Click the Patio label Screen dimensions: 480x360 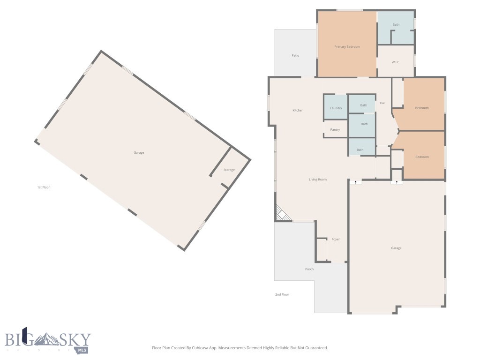point(295,55)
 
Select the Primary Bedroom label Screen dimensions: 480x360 point(347,46)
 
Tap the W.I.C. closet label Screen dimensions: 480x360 point(396,62)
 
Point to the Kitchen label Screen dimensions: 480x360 point(298,110)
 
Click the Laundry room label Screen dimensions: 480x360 point(336,108)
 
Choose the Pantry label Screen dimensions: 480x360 point(335,129)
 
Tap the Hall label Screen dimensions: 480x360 point(382,103)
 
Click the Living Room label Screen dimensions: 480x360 point(318,180)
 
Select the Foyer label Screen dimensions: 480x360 point(336,239)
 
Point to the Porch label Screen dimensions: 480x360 point(309,269)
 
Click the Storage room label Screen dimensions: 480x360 point(229,170)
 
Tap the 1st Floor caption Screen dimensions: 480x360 point(44,187)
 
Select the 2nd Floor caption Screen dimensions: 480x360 point(282,294)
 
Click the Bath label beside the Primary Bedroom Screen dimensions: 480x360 point(396,24)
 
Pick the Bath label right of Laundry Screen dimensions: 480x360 point(364,105)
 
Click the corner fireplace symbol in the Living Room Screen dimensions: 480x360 point(282,213)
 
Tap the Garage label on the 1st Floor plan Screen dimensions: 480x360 point(139,152)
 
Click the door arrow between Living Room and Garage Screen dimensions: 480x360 point(356,182)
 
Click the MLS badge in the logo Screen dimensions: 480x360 point(82,350)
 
